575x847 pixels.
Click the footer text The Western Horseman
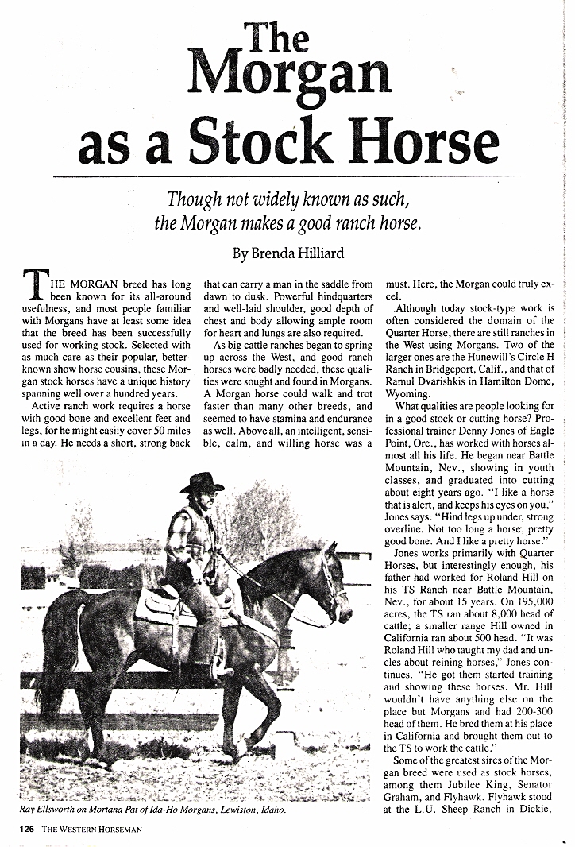click(98, 830)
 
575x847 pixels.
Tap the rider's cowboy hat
click(202, 482)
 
